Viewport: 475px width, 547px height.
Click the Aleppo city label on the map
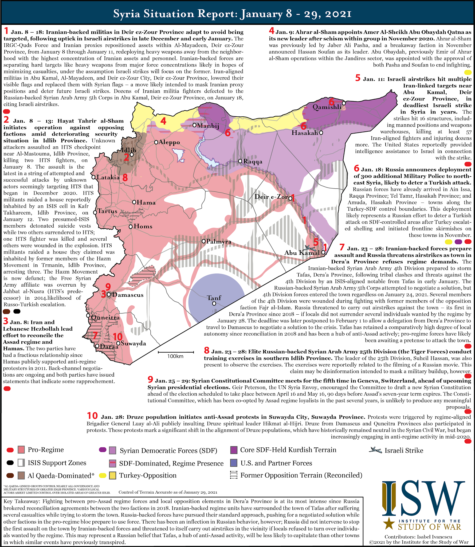tap(169, 142)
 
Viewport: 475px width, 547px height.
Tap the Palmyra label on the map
tap(219, 242)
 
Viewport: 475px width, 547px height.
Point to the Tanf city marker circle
tap(214, 304)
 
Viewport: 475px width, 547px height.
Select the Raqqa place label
tap(253, 162)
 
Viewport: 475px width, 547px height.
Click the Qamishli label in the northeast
tap(327, 107)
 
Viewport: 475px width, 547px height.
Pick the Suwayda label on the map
tap(133, 343)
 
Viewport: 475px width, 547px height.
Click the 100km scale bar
tap(175, 353)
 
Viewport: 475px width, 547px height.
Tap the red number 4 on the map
tap(163, 121)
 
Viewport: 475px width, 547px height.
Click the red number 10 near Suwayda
tap(118, 337)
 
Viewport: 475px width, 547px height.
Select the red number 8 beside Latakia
tap(125, 178)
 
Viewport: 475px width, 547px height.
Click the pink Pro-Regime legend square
tap(21, 450)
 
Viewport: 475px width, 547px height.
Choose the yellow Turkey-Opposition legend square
tap(112, 475)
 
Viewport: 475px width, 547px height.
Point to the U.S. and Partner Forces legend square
tap(234, 463)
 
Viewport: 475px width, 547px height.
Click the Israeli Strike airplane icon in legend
tap(375, 450)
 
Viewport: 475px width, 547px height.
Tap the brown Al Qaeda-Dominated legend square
tap(21, 475)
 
